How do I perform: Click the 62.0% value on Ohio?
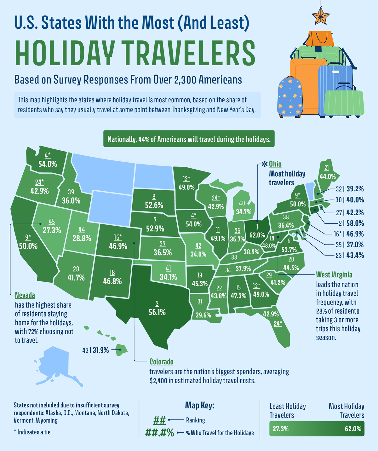(x=257, y=235)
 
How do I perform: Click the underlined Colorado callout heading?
(x=161, y=361)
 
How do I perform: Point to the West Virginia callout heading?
(x=334, y=275)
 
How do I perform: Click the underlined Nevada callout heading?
(x=25, y=295)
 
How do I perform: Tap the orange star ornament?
(x=320, y=15)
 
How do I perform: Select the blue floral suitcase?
(x=290, y=97)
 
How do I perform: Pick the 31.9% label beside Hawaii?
(x=100, y=350)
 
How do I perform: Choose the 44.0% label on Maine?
(x=327, y=176)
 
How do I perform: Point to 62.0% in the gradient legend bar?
(x=351, y=429)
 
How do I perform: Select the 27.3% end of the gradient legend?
(x=280, y=429)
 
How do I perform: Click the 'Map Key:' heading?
(x=199, y=405)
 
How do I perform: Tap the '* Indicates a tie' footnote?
(x=32, y=432)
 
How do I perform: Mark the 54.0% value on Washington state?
(x=48, y=164)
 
